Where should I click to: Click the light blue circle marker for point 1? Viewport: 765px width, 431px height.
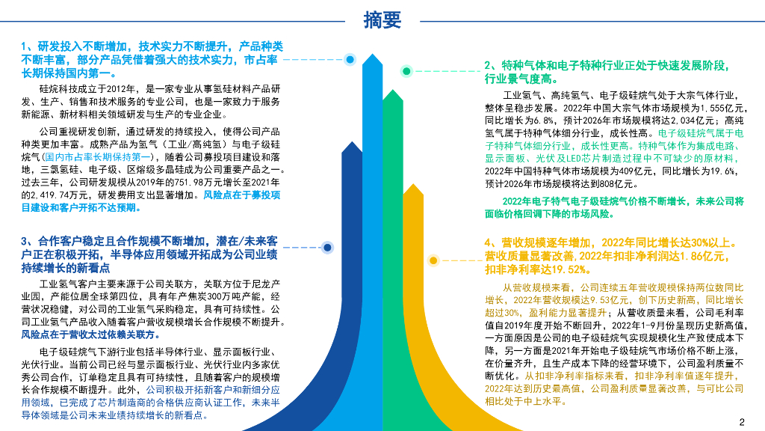(350, 58)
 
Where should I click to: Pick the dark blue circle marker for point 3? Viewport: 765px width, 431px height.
(327, 246)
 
